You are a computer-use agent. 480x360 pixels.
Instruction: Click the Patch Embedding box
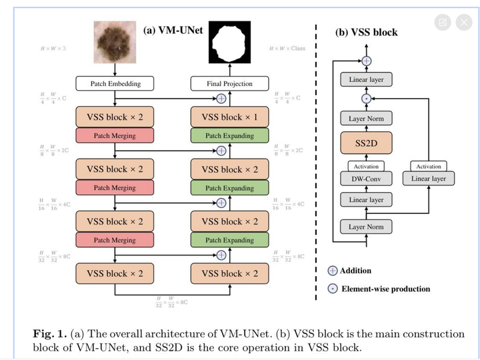point(115,84)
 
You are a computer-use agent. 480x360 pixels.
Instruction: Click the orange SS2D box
point(366,143)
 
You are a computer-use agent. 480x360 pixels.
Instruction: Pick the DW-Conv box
point(366,179)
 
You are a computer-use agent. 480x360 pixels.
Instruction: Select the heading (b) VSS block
point(365,32)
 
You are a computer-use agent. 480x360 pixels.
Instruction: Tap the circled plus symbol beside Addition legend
point(332,271)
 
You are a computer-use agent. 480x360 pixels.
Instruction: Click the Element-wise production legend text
point(385,289)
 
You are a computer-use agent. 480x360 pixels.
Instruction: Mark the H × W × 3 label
point(51,49)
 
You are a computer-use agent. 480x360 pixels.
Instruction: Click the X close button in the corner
point(464,22)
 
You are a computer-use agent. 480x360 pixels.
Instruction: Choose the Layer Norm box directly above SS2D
point(366,119)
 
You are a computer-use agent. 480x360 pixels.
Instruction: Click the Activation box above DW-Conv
point(366,166)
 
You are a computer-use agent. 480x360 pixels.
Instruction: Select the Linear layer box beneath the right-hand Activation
point(429,179)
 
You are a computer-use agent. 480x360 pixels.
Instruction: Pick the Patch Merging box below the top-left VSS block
point(115,136)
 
